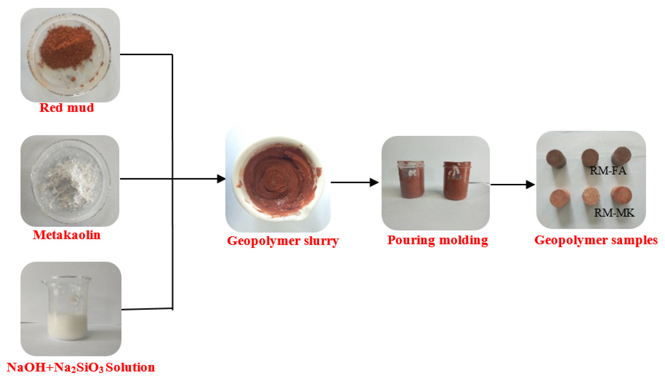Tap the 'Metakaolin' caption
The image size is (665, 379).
[x=67, y=235]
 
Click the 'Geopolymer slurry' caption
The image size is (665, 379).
[x=283, y=241]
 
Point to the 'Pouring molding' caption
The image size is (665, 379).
[x=437, y=240]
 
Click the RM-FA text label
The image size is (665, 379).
[x=608, y=171]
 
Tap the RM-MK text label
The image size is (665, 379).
[x=614, y=213]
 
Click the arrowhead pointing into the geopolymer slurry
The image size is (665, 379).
[x=221, y=179]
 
